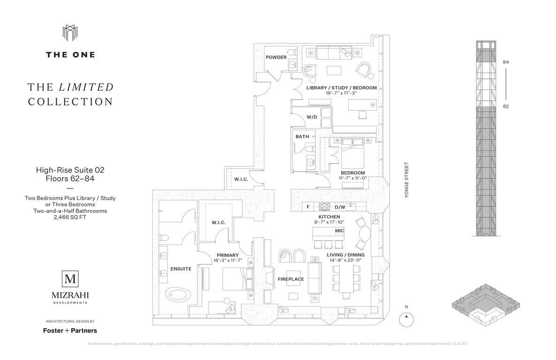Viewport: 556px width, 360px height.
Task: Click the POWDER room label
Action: pyautogui.click(x=276, y=57)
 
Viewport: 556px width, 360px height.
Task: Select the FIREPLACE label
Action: pyautogui.click(x=291, y=279)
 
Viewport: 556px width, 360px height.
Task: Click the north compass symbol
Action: pyautogui.click(x=406, y=319)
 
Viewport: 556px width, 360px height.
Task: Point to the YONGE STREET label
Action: pyautogui.click(x=407, y=180)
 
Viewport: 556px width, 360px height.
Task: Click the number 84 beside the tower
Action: pyautogui.click(x=506, y=62)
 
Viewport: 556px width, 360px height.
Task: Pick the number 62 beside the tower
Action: pyautogui.click(x=506, y=106)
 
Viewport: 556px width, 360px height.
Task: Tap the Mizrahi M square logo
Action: pyautogui.click(x=70, y=279)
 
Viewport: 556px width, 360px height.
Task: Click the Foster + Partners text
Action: pyautogui.click(x=70, y=330)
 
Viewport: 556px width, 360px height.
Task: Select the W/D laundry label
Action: pyautogui.click(x=312, y=117)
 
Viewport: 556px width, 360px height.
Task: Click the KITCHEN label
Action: pyautogui.click(x=329, y=217)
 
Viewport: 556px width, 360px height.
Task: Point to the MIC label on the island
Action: pyautogui.click(x=339, y=231)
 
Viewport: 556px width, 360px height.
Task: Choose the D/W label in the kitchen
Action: pyautogui.click(x=339, y=207)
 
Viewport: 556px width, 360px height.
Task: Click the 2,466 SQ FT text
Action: pyautogui.click(x=70, y=217)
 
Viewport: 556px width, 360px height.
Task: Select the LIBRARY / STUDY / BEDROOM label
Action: pyautogui.click(x=341, y=88)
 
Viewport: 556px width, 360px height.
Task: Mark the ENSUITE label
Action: pyautogui.click(x=181, y=269)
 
